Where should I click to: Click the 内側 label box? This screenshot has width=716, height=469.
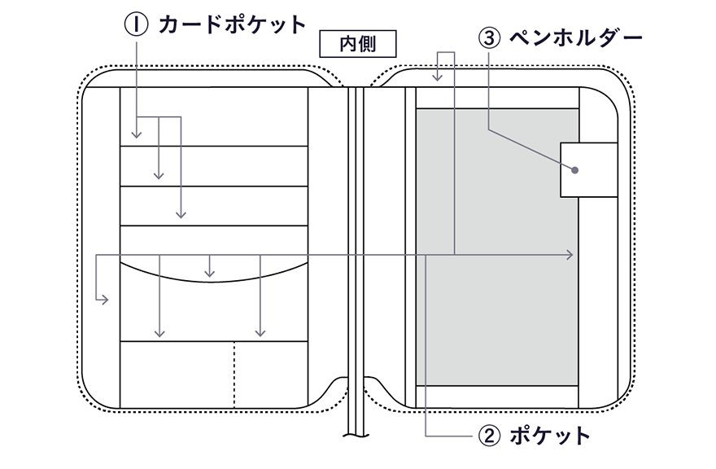click(353, 43)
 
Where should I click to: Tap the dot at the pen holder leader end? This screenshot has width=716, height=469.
click(574, 170)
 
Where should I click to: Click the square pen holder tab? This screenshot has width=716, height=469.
click(589, 169)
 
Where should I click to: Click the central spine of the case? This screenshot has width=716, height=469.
click(354, 244)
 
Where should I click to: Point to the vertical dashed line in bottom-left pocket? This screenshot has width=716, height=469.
click(234, 375)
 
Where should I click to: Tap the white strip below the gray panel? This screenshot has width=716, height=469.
click(496, 397)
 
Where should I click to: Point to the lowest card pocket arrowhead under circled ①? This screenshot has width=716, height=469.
click(181, 215)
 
